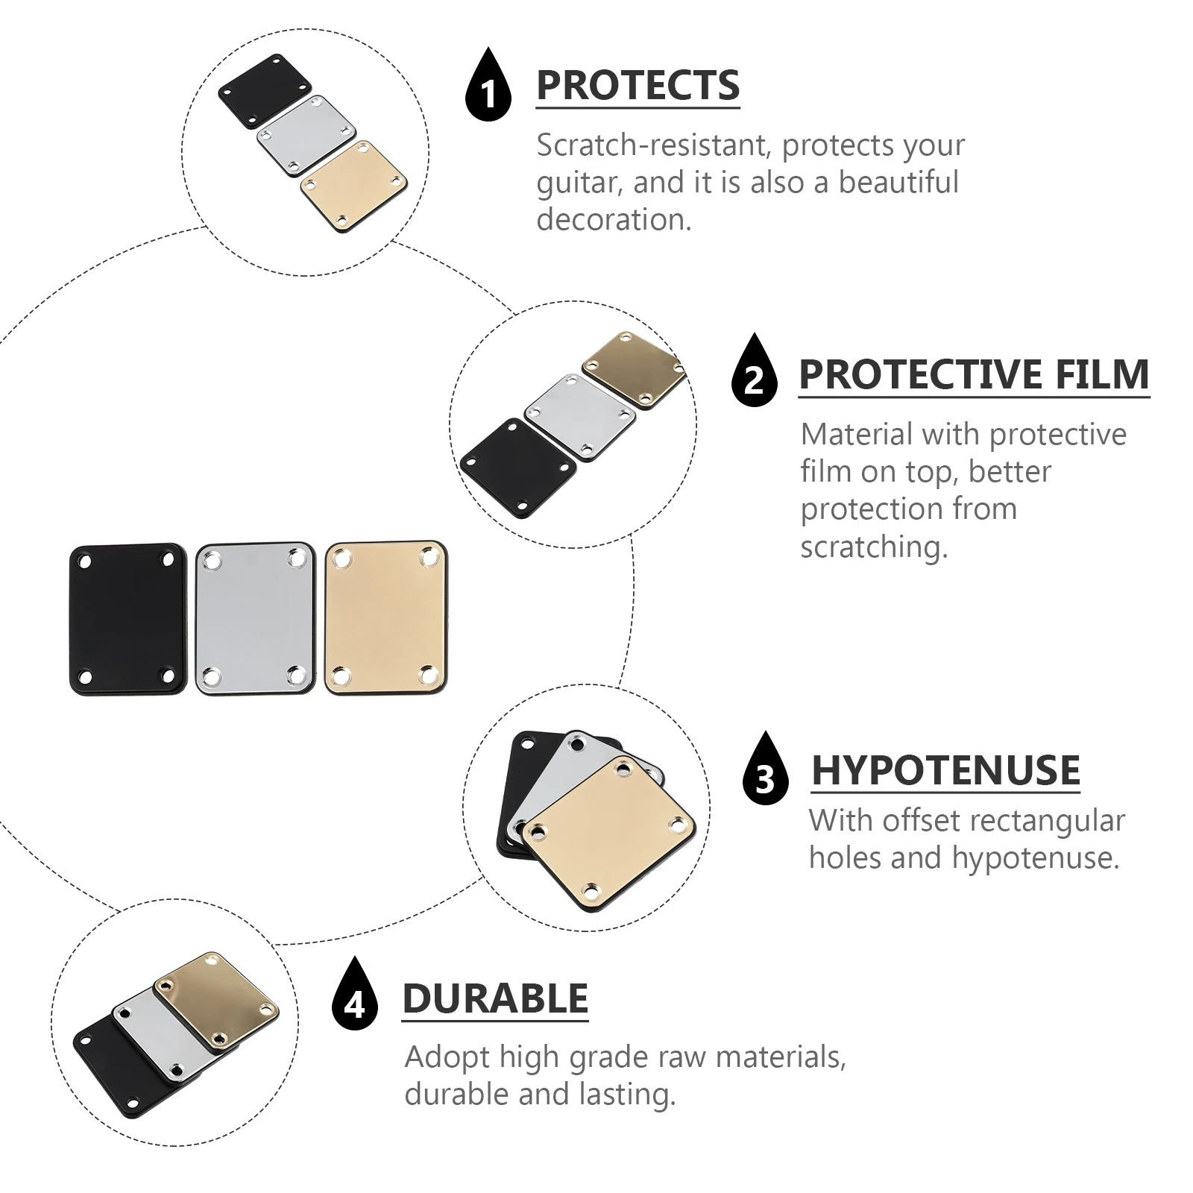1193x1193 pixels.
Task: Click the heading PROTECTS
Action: pyautogui.click(x=638, y=86)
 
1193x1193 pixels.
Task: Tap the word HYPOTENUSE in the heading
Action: pyautogui.click(x=945, y=770)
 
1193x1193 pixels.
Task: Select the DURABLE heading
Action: pyautogui.click(x=496, y=998)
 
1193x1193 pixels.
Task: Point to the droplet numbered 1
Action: pyautogui.click(x=488, y=86)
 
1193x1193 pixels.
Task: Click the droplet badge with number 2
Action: pyautogui.click(x=755, y=371)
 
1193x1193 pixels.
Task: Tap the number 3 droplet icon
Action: pyautogui.click(x=766, y=769)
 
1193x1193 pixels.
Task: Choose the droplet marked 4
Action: pyautogui.click(x=355, y=994)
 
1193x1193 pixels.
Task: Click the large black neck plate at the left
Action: pyautogui.click(x=128, y=619)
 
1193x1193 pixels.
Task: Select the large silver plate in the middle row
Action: pyautogui.click(x=256, y=619)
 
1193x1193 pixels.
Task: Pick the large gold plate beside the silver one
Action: pyautogui.click(x=386, y=618)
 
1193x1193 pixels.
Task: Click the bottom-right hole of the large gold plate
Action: pyautogui.click(x=428, y=675)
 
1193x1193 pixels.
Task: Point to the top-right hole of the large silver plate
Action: pyautogui.click(x=298, y=558)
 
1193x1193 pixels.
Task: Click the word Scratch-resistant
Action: pyautogui.click(x=652, y=145)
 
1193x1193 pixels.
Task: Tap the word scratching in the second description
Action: pyautogui.click(x=874, y=548)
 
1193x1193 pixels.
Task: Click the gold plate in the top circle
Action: pyautogui.click(x=353, y=186)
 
